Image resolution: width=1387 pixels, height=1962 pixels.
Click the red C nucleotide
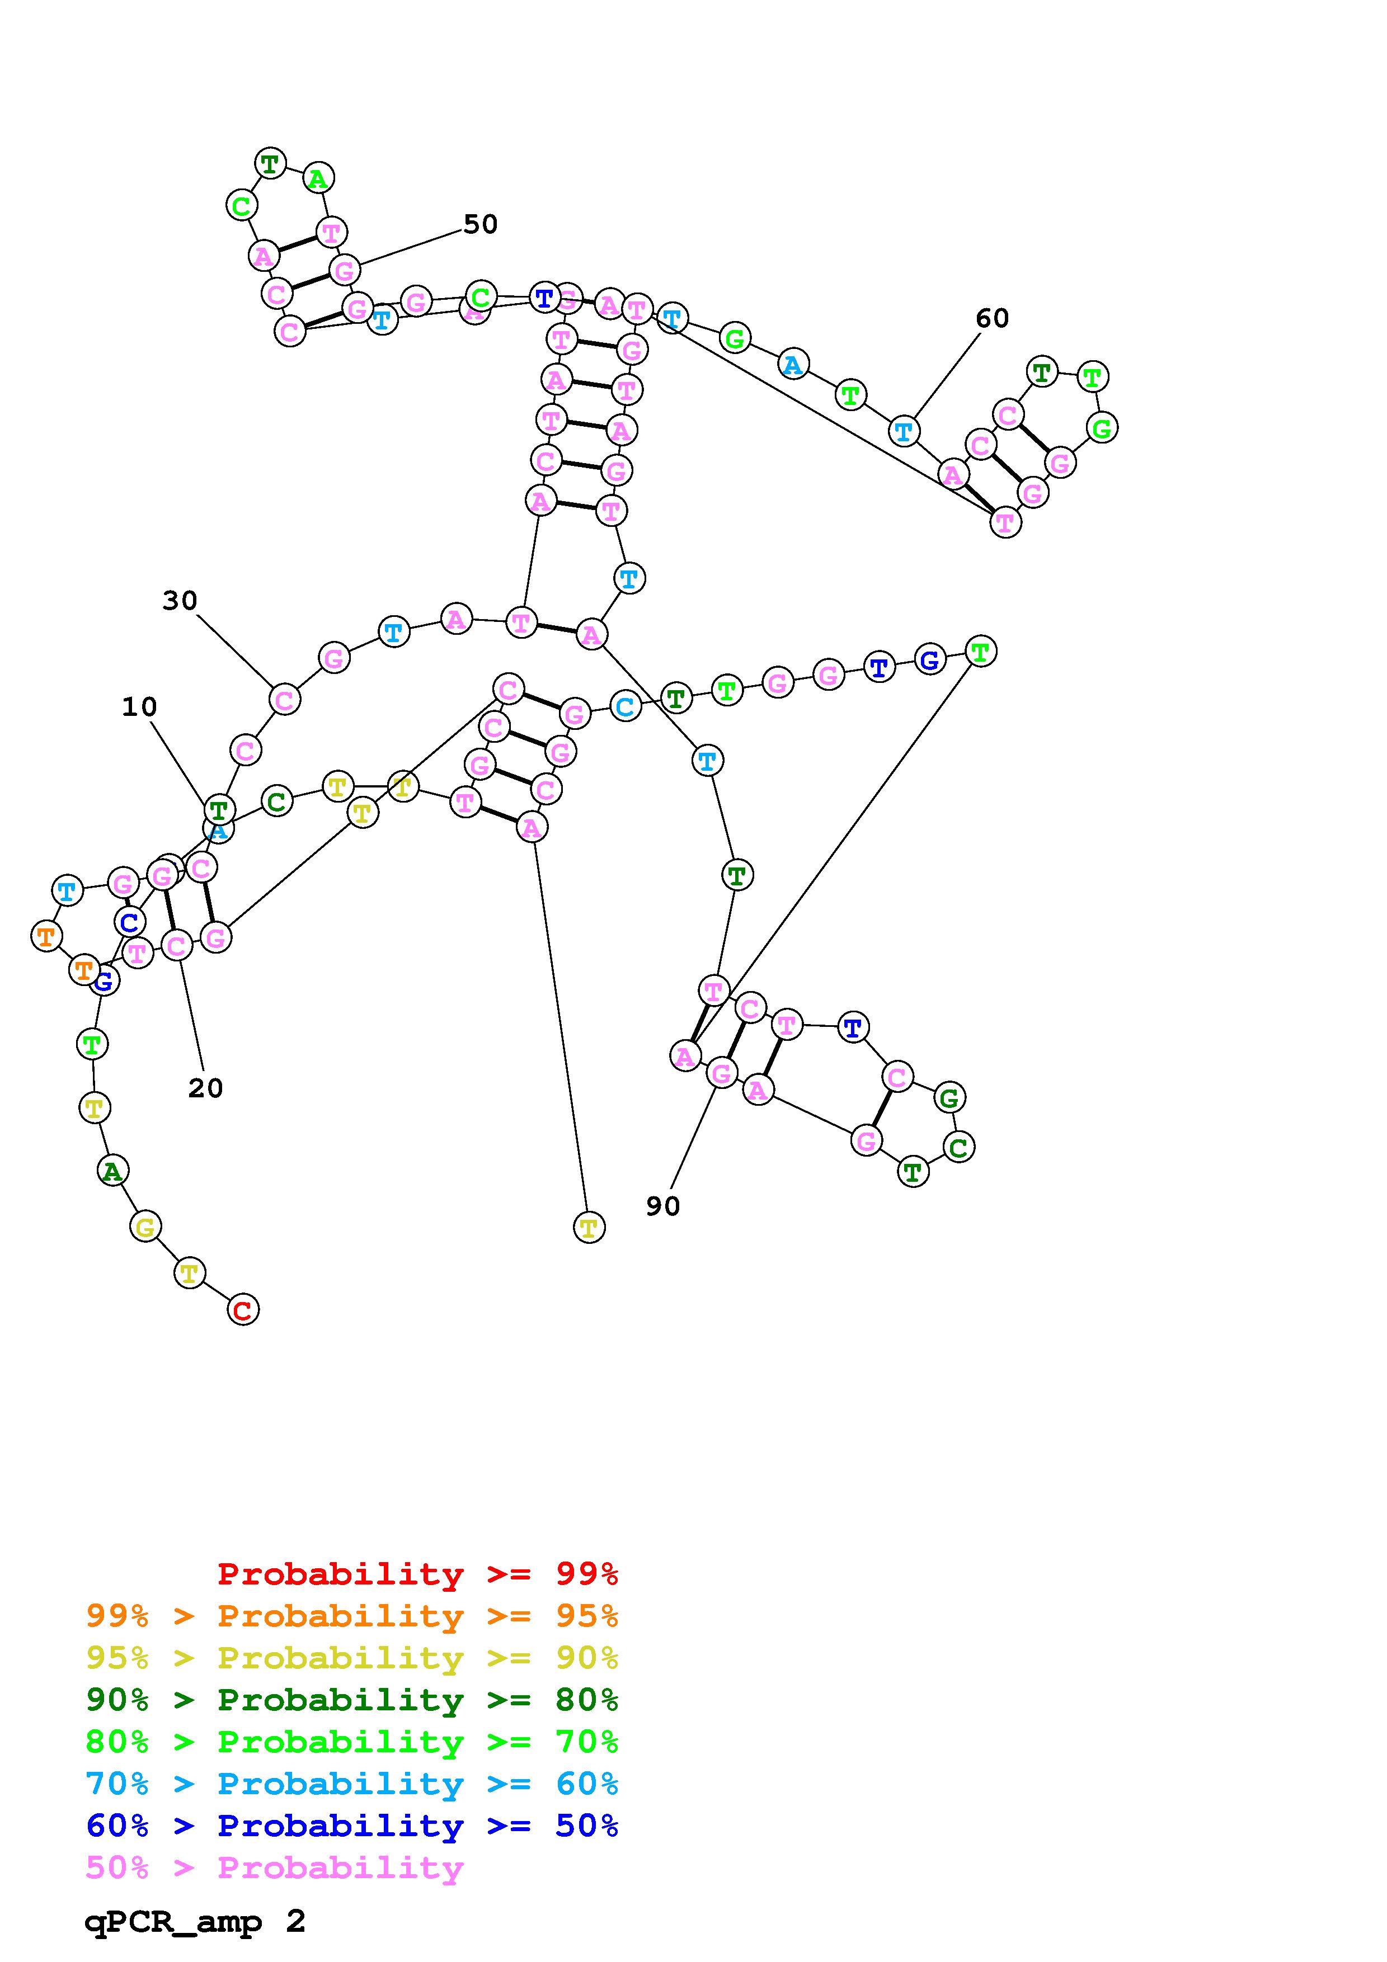(x=243, y=1310)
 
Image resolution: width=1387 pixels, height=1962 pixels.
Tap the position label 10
(x=139, y=707)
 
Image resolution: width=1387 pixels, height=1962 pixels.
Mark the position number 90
(x=662, y=1206)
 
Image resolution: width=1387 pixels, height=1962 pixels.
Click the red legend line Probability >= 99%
(x=417, y=1574)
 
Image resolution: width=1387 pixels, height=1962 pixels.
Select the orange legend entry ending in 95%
(x=352, y=1616)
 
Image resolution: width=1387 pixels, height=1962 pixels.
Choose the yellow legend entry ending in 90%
(x=352, y=1658)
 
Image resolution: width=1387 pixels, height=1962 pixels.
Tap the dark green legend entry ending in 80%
(x=352, y=1700)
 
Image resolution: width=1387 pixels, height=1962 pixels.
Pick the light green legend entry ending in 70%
(x=352, y=1742)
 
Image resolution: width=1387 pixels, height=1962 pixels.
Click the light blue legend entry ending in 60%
(x=352, y=1784)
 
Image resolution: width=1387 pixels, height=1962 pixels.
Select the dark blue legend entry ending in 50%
(x=352, y=1826)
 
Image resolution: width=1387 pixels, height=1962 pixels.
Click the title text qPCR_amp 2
(x=195, y=1922)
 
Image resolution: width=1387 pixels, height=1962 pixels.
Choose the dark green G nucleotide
(x=948, y=1098)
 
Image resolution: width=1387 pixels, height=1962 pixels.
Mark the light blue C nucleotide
(x=625, y=707)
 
